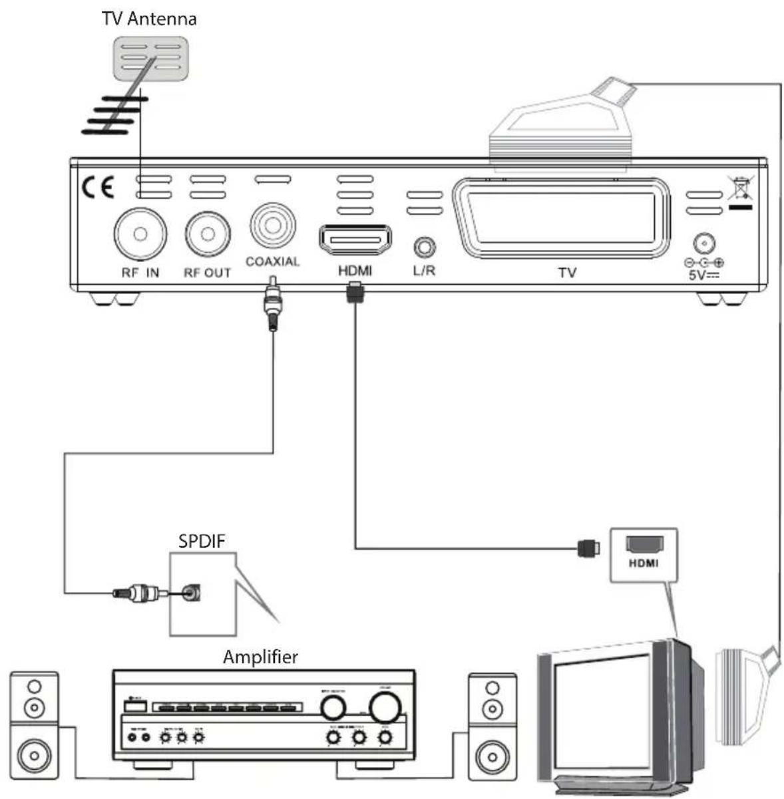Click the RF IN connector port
pyautogui.click(x=140, y=234)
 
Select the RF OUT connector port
pyautogui.click(x=208, y=234)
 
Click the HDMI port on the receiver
pyautogui.click(x=355, y=240)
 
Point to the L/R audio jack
pyautogui.click(x=424, y=247)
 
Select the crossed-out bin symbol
pyautogui.click(x=739, y=190)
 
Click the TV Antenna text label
pyautogui.click(x=149, y=18)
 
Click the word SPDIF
pyautogui.click(x=202, y=541)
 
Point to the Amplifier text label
pyautogui.click(x=260, y=657)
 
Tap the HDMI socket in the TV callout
pyautogui.click(x=644, y=544)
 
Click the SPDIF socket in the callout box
pyautogui.click(x=192, y=592)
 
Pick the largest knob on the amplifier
pyautogui.click(x=385, y=707)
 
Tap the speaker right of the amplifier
pyautogui.click(x=492, y=726)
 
